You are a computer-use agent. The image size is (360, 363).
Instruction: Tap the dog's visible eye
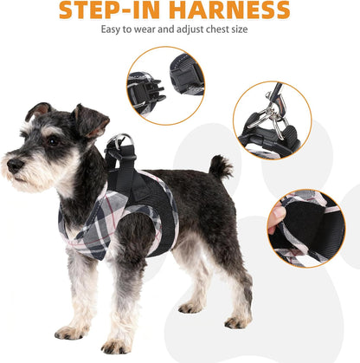(x=51, y=139)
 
